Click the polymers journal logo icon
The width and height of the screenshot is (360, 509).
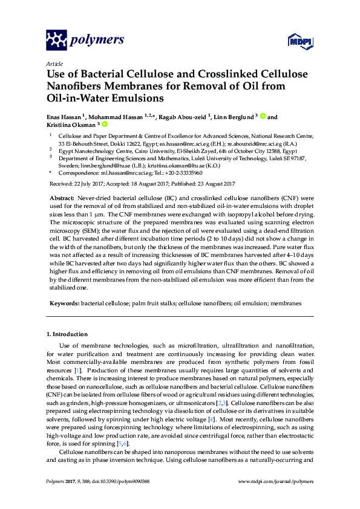click(57, 41)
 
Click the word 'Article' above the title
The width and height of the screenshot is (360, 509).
click(54, 63)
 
